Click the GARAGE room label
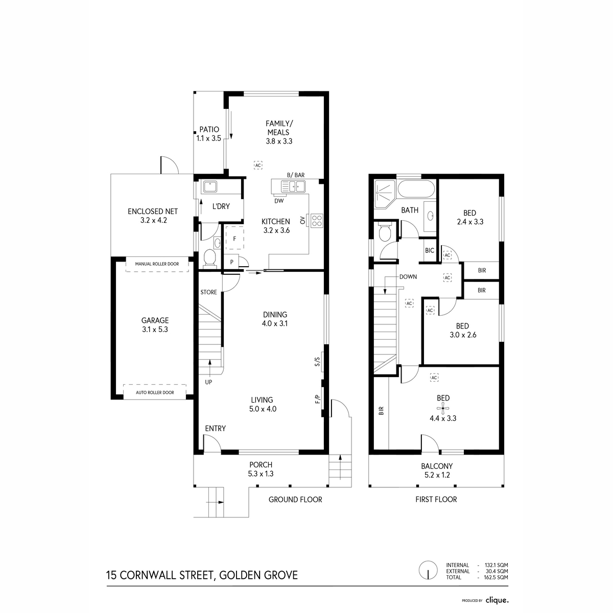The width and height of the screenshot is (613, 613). (x=155, y=320)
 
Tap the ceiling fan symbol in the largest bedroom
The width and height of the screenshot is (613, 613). (x=442, y=407)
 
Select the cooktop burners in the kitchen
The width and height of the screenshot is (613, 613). (x=317, y=221)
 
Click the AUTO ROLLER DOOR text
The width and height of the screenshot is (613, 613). (x=155, y=392)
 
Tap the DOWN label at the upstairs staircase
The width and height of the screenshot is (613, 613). (x=408, y=277)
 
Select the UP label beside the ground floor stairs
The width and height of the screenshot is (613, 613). (x=209, y=382)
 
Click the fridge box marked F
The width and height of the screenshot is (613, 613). (x=235, y=238)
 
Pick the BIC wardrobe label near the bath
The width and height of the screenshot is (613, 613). (x=430, y=250)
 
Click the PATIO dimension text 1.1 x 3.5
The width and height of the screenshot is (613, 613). (x=208, y=138)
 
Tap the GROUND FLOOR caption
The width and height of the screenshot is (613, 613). (x=295, y=499)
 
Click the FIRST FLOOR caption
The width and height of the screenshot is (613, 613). (x=436, y=499)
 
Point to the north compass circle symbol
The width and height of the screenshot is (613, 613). (x=427, y=571)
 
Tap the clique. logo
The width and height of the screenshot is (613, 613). (x=497, y=600)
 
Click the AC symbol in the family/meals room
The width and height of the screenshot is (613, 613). (x=258, y=166)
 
